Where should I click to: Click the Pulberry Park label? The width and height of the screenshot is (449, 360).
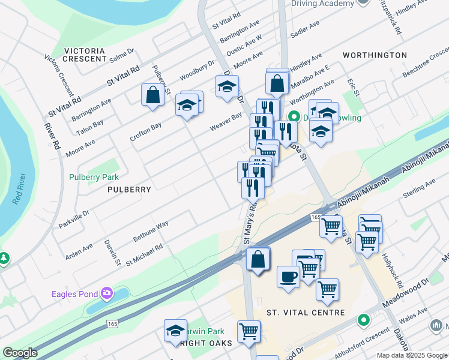pos(94,177)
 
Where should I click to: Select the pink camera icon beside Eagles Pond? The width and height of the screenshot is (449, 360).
pos(107,293)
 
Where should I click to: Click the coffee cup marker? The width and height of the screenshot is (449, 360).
pos(288,277)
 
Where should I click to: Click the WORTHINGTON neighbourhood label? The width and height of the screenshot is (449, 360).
pos(375,55)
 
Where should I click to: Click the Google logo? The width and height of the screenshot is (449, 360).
pos(20,353)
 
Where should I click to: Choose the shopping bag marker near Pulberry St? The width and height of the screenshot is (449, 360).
pos(152,94)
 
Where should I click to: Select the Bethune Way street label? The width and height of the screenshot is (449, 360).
pos(151,230)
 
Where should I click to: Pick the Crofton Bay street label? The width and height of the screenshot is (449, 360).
pos(146,132)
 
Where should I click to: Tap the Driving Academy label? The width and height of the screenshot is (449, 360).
pos(323,4)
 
